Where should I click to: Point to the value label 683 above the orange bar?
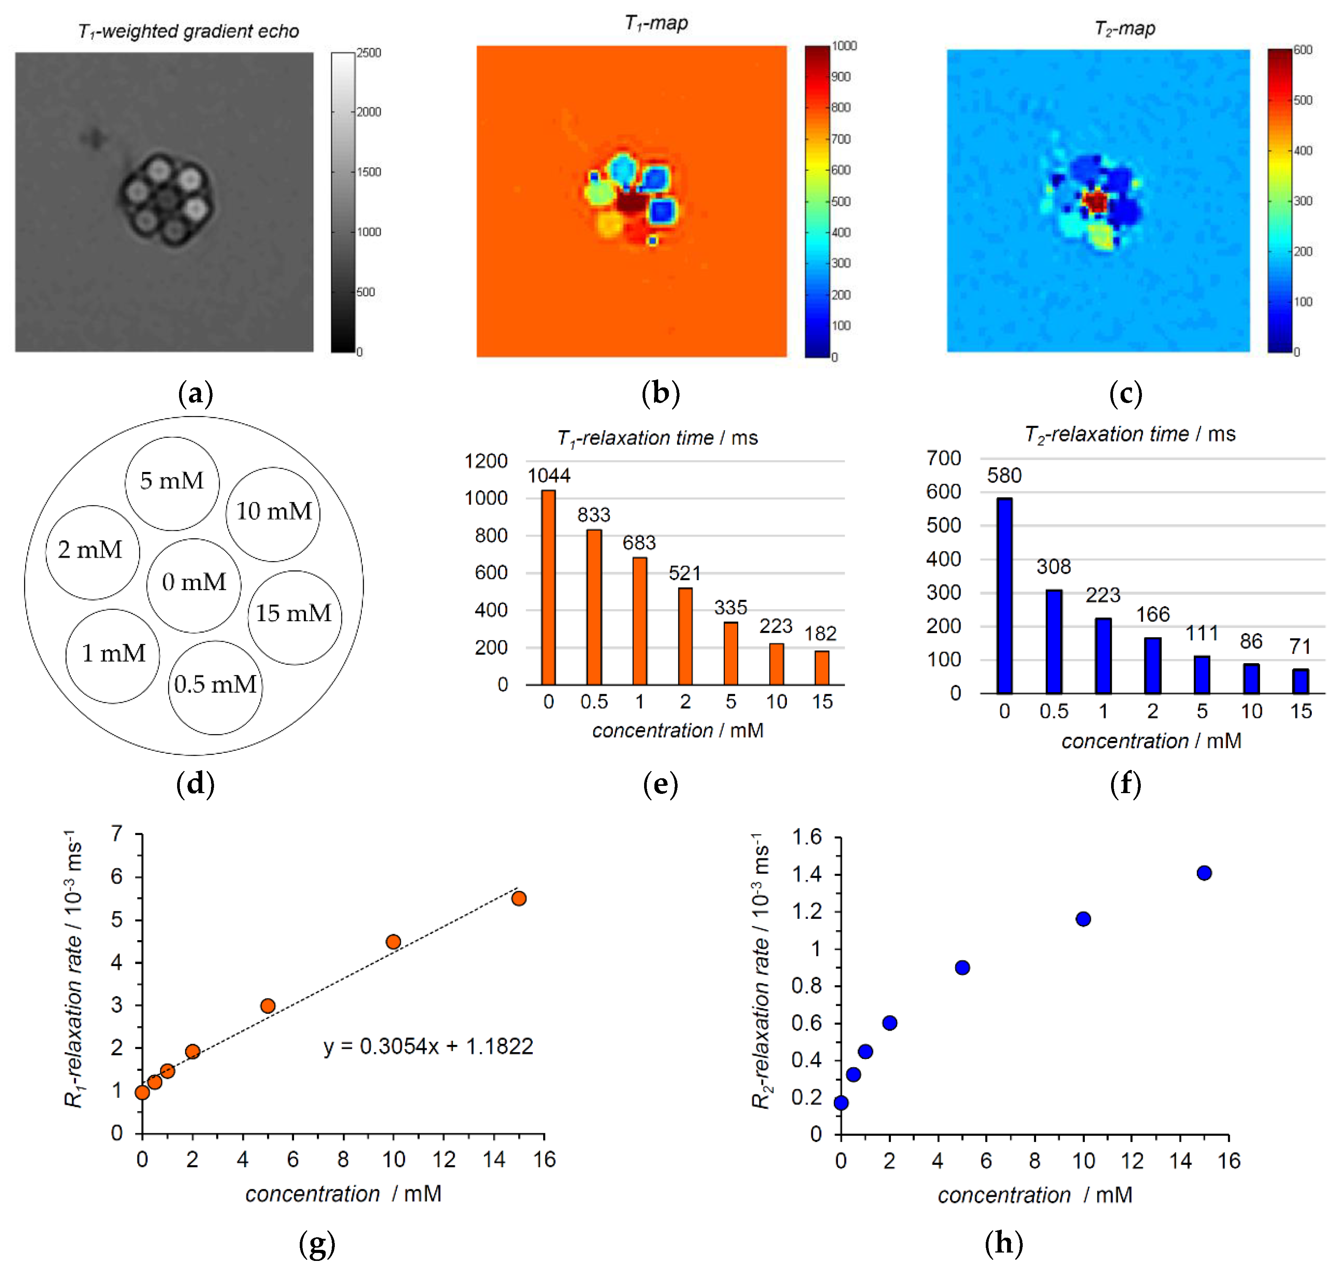pos(639,542)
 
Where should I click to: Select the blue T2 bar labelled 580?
pos(1004,596)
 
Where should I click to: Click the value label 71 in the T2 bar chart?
pos(1300,646)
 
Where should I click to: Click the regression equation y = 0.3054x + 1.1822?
pos(428,1046)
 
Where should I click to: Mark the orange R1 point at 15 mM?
pos(519,898)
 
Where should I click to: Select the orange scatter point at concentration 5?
pos(267,1006)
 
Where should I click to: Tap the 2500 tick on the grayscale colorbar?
pos(369,53)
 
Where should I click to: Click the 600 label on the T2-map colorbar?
pos(1303,50)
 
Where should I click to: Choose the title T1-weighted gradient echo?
pos(189,31)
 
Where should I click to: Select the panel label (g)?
pos(317,1243)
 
